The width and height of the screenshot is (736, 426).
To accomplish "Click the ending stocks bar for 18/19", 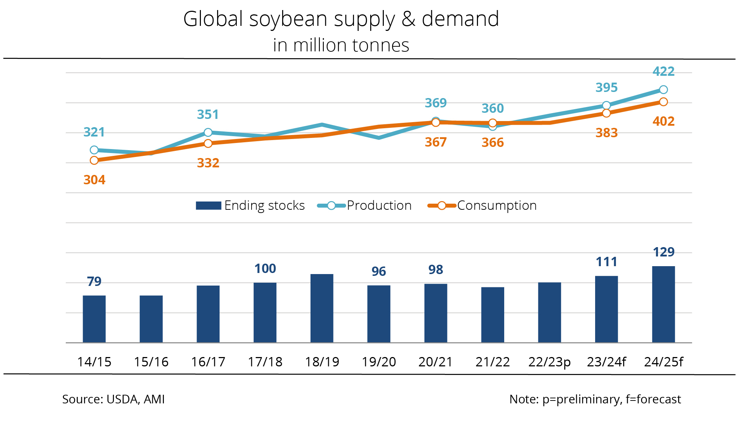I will [322, 308].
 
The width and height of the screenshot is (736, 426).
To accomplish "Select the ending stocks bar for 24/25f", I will [663, 304].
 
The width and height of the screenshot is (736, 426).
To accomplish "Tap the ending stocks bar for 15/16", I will [151, 319].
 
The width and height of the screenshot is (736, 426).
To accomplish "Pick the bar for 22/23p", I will [549, 312].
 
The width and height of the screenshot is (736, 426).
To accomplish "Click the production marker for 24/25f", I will [663, 89].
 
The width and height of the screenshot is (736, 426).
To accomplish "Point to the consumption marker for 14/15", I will [94, 160].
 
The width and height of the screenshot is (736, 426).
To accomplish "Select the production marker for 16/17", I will [208, 133].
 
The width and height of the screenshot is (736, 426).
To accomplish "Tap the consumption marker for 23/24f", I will [606, 113].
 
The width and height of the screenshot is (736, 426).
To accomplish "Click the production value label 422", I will [663, 71].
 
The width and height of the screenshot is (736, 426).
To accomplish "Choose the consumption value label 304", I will [94, 180].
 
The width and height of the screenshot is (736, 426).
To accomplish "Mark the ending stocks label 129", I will [663, 252].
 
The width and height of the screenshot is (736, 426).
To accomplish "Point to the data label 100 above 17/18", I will [265, 269].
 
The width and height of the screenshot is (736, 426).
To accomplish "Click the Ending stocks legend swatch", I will [208, 205].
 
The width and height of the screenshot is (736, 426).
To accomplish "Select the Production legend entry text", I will [379, 205].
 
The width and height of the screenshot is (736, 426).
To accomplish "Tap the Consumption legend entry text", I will [497, 205].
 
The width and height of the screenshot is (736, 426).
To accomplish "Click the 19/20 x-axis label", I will [379, 362].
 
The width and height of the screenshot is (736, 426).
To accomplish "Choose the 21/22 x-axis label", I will [493, 362].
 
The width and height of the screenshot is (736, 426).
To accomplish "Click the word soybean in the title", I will [290, 19].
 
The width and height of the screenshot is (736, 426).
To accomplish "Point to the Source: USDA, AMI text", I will [114, 399].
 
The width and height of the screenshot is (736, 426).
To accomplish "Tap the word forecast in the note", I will [658, 399].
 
